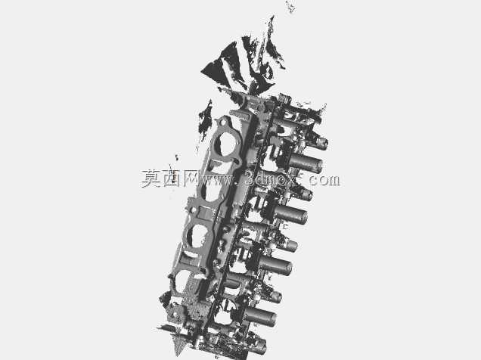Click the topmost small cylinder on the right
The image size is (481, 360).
pos(321,143)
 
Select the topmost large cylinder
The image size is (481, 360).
pos(306,163)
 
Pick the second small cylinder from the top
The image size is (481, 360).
pos(305,194)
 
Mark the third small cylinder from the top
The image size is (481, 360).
pos(290,245)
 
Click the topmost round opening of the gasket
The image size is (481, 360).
pos(226,144)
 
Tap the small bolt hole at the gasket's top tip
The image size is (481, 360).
pos(224,122)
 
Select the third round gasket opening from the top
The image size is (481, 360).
pos(197,235)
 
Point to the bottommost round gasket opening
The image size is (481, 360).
pos(181,281)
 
